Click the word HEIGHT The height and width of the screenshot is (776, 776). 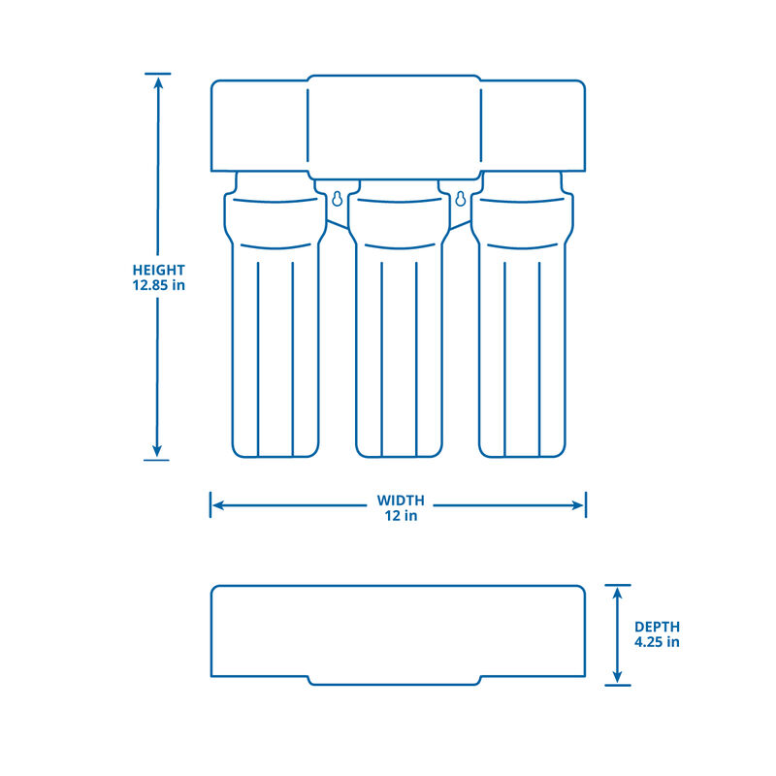coord(159,270)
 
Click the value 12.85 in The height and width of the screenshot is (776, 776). coord(159,285)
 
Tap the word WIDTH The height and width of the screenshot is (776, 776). coord(401,501)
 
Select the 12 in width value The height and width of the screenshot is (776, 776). coord(399,516)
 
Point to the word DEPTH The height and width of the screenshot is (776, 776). coord(658,627)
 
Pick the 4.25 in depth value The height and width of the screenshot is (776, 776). coord(657,642)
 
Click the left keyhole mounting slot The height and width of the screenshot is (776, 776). coord(336,199)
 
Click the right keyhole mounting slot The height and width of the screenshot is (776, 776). coord(460,199)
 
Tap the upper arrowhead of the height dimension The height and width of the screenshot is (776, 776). coord(157,81)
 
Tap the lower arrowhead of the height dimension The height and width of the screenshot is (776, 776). coord(157,452)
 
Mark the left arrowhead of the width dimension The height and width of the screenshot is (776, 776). coord(218,505)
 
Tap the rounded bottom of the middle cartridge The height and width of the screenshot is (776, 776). coord(399,450)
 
